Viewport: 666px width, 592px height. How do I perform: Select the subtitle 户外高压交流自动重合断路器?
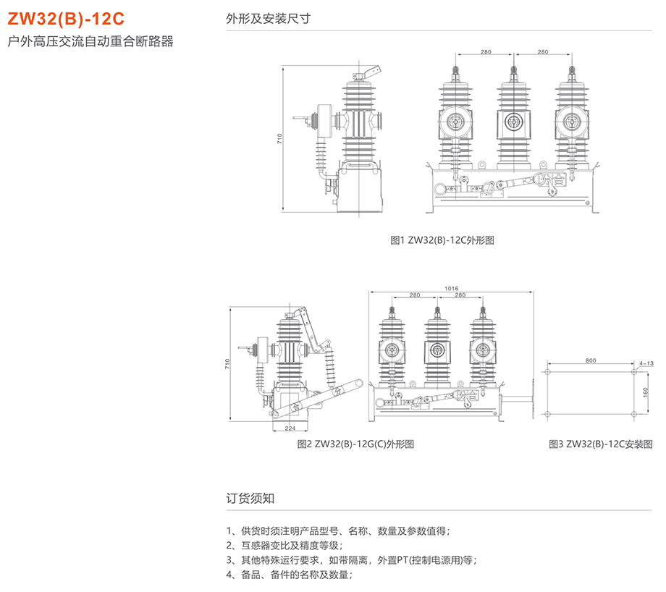coord(90,42)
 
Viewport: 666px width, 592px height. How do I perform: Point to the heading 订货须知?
coord(250,499)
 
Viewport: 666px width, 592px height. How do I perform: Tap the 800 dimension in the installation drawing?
coord(591,360)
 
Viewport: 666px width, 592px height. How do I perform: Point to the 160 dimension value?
coord(644,392)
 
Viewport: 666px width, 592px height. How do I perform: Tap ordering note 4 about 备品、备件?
coord(290,575)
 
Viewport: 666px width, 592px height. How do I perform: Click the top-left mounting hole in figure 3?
coord(549,371)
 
